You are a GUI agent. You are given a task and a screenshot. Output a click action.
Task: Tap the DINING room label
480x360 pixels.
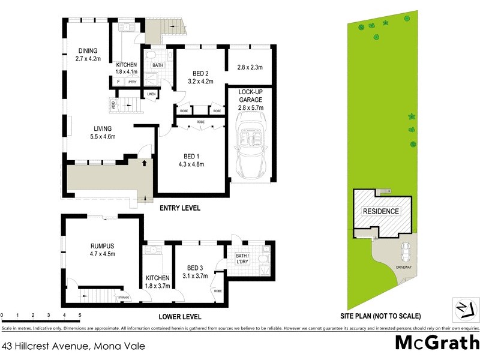(86, 51)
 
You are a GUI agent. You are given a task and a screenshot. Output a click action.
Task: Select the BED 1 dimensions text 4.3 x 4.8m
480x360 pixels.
(191, 164)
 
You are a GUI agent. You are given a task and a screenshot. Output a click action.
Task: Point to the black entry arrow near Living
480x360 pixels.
(144, 162)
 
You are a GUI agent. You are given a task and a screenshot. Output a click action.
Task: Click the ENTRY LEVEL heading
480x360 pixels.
(179, 208)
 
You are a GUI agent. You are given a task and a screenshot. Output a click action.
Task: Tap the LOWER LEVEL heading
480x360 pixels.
(179, 317)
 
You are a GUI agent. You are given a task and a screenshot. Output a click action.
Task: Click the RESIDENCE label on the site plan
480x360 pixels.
(381, 212)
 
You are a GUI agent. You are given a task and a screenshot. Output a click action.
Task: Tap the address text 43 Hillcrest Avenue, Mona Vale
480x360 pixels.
(73, 346)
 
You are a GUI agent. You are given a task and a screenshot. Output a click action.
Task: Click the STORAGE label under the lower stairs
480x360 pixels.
(124, 296)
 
